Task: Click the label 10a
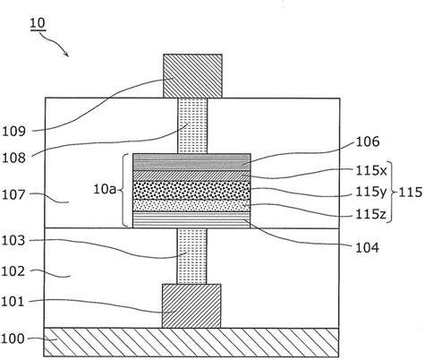point(106,190)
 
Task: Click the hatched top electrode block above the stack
point(191,75)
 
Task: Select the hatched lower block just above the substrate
point(191,305)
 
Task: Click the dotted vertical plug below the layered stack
point(191,254)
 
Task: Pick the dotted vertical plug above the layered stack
point(191,124)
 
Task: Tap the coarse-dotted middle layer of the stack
point(191,191)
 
